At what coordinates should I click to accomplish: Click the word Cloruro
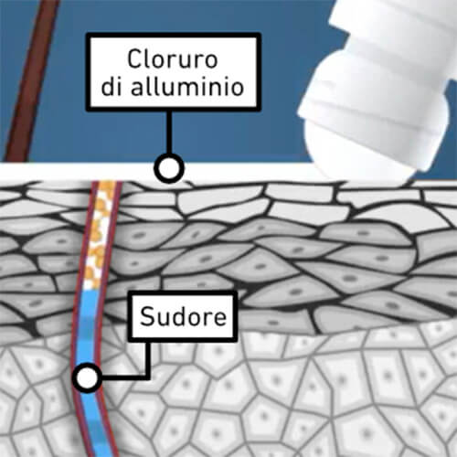173,59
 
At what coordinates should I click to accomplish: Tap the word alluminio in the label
187,87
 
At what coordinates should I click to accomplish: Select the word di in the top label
112,87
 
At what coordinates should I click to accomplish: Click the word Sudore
183,316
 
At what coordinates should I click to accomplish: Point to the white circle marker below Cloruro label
169,168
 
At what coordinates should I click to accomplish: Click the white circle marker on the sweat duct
87,377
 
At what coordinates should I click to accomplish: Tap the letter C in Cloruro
133,59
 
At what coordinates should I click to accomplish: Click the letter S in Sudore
146,316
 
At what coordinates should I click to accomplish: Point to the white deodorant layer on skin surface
158,172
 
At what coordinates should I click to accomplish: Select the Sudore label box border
130,316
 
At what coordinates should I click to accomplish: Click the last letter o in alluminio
238,90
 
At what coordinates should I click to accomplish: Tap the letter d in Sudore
177,316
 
